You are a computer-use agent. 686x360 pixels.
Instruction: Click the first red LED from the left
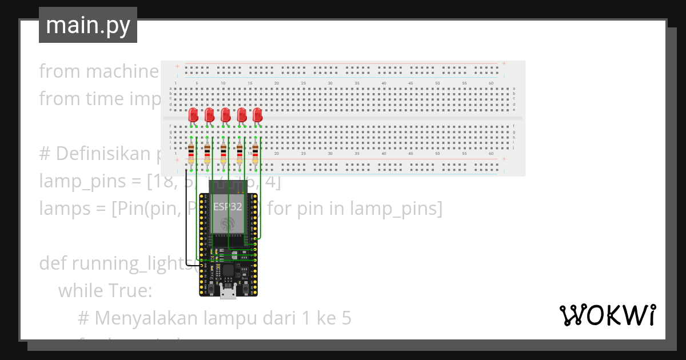click(x=193, y=114)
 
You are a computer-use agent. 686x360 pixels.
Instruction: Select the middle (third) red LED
click(x=225, y=114)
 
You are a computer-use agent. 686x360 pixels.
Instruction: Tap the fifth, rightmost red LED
click(x=257, y=114)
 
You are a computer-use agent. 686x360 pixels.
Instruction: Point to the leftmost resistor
click(x=191, y=153)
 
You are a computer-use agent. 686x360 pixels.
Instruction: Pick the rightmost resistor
click(x=255, y=153)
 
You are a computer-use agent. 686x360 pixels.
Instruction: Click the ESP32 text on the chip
click(x=228, y=206)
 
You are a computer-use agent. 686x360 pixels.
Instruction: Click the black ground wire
click(x=185, y=217)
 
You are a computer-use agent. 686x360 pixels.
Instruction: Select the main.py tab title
click(x=88, y=25)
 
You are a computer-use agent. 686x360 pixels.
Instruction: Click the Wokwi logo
click(x=607, y=315)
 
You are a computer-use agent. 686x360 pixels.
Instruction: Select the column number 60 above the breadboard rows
click(x=491, y=83)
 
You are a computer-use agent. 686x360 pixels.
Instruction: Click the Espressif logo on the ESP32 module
click(x=228, y=223)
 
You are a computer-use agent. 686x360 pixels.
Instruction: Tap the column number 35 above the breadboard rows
click(x=357, y=83)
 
